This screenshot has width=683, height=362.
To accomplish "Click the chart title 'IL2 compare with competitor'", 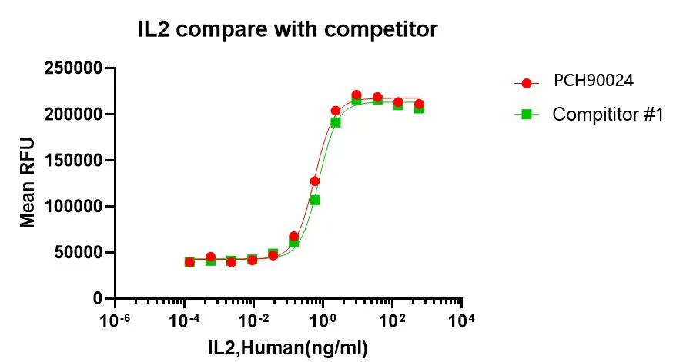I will click(288, 30).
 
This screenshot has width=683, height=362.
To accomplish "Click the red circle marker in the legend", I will click(527, 82).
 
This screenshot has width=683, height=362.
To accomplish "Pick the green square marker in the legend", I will click(527, 115).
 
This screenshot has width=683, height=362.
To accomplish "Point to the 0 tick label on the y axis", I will click(98, 298).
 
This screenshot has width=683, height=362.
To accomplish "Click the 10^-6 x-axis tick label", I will click(115, 318).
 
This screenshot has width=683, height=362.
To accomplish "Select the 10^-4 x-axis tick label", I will click(184, 318).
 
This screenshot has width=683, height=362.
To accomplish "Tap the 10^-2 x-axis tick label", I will click(253, 318).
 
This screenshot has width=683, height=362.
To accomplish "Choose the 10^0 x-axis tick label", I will click(323, 318).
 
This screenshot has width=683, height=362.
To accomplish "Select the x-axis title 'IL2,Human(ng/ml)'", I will click(288, 347).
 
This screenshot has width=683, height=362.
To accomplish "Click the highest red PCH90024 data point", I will click(357, 95).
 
